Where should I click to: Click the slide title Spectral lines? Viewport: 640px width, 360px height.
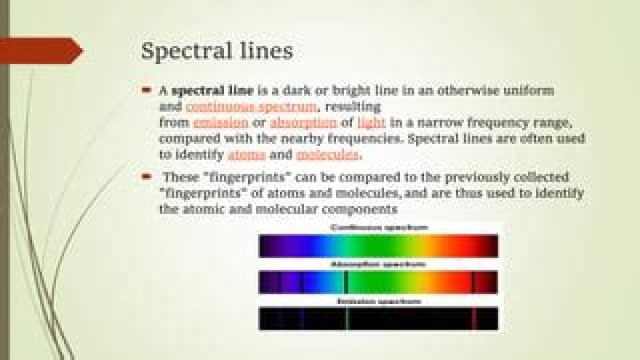pyautogui.click(x=217, y=51)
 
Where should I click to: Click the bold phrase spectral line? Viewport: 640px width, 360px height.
pyautogui.click(x=210, y=92)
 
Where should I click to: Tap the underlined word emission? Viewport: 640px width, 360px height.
pyautogui.click(x=220, y=123)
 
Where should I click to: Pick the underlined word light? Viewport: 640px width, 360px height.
pyautogui.click(x=372, y=123)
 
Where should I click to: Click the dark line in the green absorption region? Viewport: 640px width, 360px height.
pyautogui.click(x=345, y=283)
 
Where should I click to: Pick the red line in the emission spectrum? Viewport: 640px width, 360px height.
pyautogui.click(x=474, y=319)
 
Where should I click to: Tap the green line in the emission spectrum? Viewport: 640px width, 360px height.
pyautogui.click(x=346, y=319)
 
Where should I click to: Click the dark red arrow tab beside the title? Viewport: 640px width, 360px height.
pyautogui.click(x=40, y=51)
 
